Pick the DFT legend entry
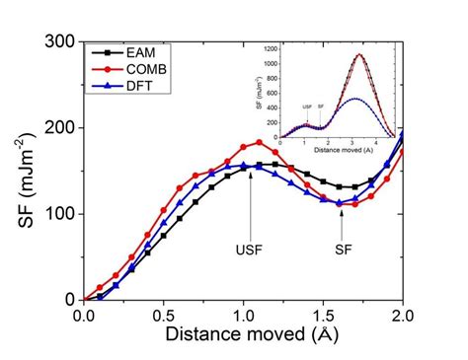click(x=136, y=83)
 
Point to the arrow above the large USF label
click(x=250, y=202)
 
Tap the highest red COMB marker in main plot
click(x=259, y=143)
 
